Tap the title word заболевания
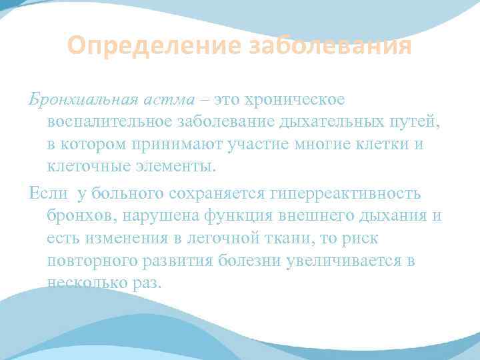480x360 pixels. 329,47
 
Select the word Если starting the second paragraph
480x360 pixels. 48,193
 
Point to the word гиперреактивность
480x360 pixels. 345,193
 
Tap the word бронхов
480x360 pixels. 79,215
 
